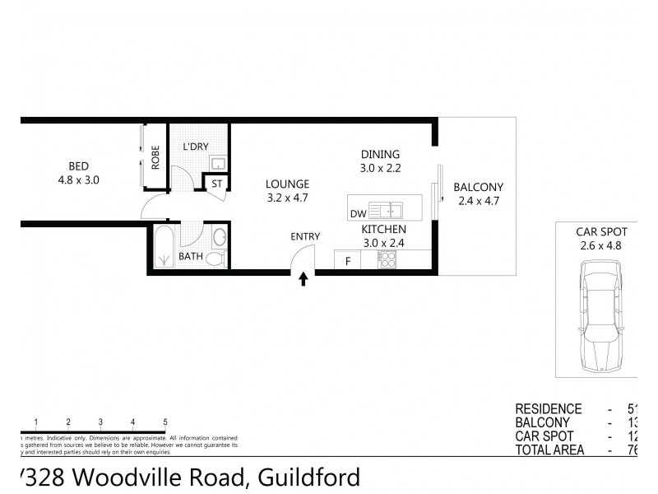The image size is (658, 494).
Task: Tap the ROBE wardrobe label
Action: (155, 157)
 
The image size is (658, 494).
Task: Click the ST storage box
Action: (217, 184)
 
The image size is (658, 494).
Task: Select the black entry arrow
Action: (303, 280)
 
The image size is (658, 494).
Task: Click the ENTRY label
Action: (304, 237)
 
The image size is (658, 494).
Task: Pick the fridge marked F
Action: (348, 262)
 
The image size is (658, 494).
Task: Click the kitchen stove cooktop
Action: (387, 260)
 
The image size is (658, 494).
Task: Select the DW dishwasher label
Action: (358, 214)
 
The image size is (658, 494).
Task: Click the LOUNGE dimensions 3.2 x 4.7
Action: (287, 198)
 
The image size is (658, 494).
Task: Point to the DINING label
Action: (380, 154)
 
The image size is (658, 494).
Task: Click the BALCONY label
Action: (478, 187)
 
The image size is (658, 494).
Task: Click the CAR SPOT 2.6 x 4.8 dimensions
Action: (597, 245)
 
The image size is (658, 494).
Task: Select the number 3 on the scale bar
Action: (100, 422)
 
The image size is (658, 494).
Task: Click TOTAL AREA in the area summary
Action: (549, 450)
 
